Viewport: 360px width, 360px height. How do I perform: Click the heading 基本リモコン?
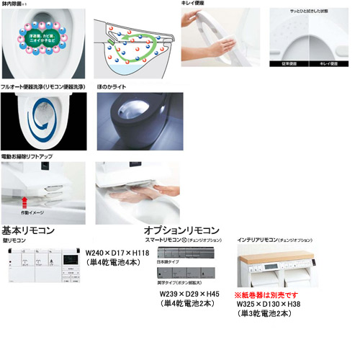point(28,230)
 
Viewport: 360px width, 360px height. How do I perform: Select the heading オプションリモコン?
point(182,230)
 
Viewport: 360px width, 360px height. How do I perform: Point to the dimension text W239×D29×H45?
point(189,294)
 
